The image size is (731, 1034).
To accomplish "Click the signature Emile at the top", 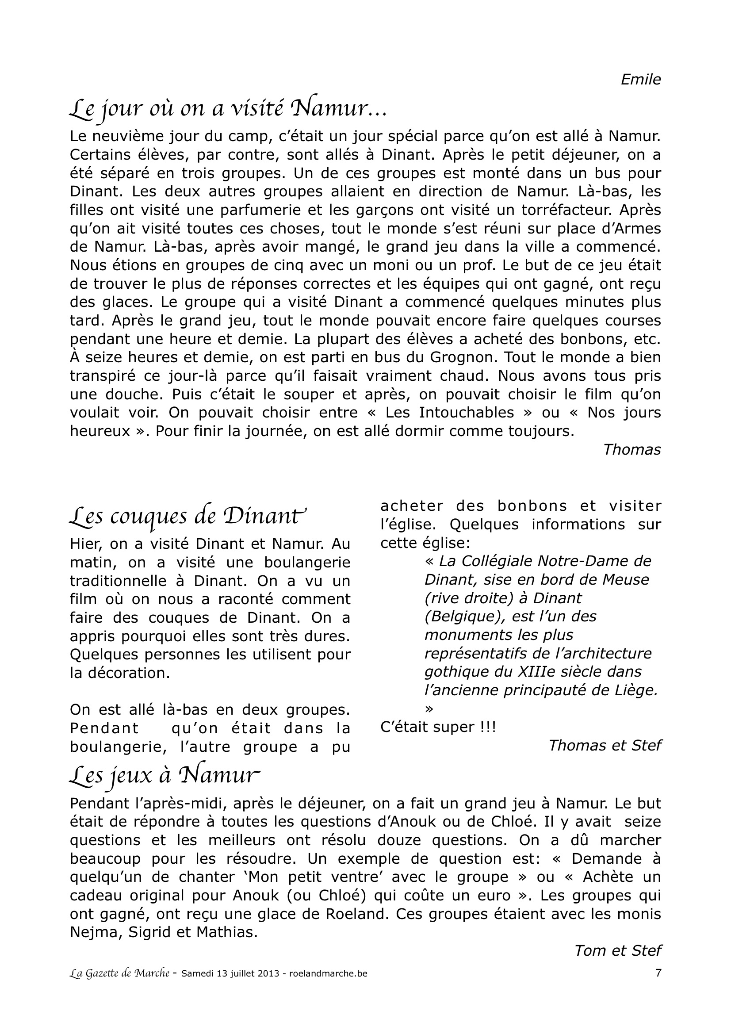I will point(640,80).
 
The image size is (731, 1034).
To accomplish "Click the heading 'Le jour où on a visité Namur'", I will point(227,109).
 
